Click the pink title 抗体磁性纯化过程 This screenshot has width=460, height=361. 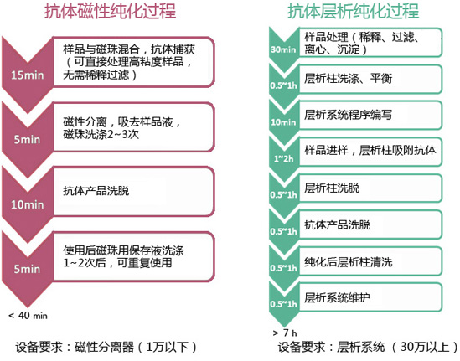coord(111,12)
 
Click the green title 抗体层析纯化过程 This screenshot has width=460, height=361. coord(354,12)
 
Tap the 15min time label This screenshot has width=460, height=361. coord(28,75)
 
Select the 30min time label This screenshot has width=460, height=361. coord(283,49)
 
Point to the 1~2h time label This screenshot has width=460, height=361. coord(283,158)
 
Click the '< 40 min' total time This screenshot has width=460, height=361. coord(28,316)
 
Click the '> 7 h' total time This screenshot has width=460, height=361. coord(285,333)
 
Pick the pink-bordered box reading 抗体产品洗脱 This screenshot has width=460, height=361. coord(133,192)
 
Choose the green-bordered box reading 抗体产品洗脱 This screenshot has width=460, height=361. coord(370,224)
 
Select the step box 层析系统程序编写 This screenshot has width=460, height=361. coord(370,115)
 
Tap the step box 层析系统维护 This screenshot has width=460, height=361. coord(370,297)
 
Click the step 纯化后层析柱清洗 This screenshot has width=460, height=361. coord(370,261)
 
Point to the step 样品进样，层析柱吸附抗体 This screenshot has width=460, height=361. coord(370,151)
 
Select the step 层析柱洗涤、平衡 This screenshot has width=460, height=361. coord(370,79)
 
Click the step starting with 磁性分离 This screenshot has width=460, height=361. coord(133,127)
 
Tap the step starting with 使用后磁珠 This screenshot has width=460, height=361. coord(133,256)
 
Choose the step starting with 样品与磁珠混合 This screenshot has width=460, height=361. coord(133,62)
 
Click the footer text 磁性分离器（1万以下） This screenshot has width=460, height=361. coord(135,348)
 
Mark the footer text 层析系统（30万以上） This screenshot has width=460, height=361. coord(397,348)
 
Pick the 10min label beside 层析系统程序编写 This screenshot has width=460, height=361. coord(283,122)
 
